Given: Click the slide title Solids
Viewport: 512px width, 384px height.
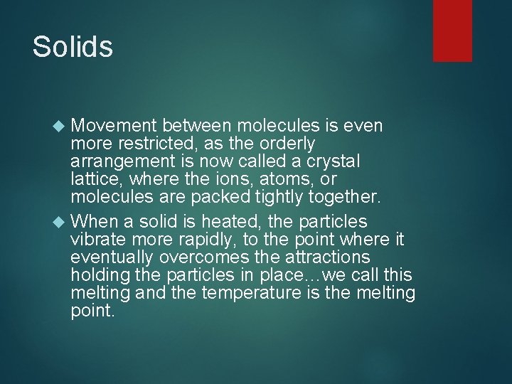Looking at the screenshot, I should point(73,47).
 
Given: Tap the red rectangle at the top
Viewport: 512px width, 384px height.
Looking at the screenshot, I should point(452,30).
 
